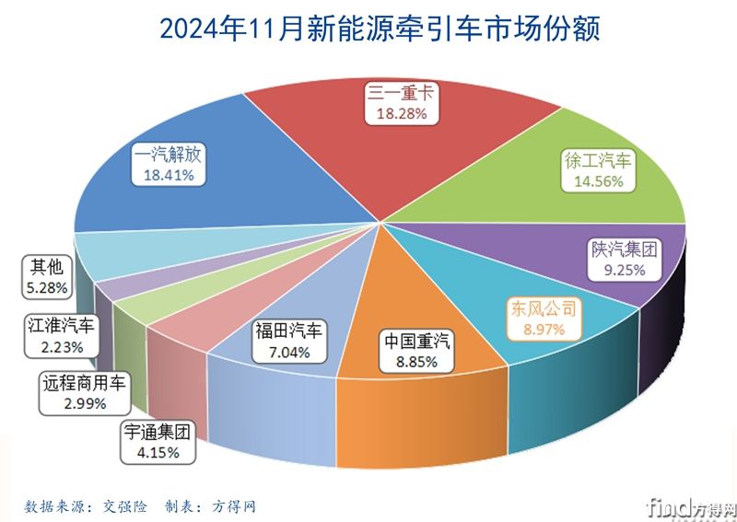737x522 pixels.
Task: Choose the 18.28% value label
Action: coord(402,112)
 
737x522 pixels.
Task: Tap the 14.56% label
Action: coord(598,181)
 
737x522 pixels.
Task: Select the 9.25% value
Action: coord(625,271)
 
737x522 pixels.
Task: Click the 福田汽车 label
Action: coord(289,330)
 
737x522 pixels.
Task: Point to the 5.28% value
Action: coord(46,288)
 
